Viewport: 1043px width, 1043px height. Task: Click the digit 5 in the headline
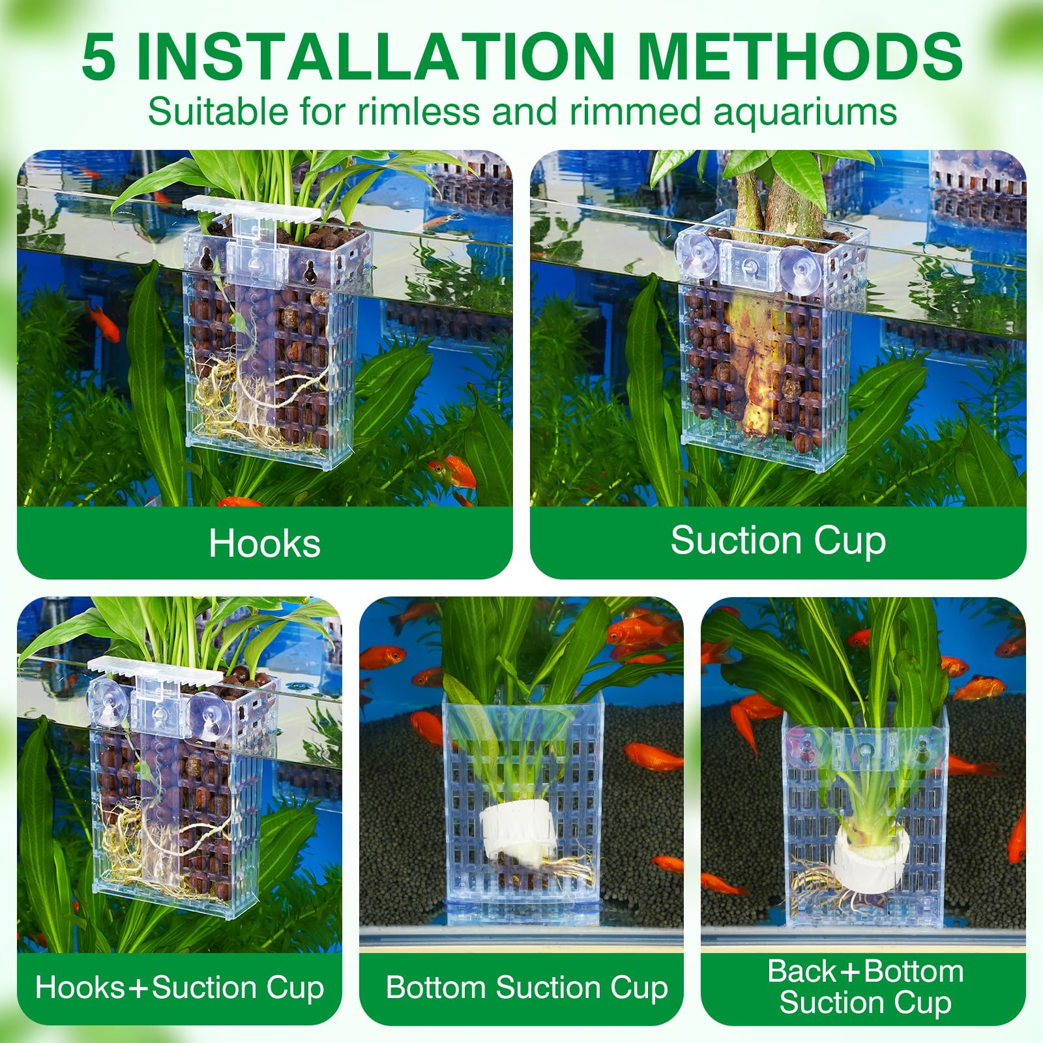pos(99,57)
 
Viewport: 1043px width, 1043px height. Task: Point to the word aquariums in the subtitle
pos(805,112)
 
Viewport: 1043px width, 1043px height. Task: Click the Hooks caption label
pos(265,543)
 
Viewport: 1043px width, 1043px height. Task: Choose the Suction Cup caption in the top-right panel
pos(778,541)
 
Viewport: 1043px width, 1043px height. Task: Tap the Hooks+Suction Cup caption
pos(180,987)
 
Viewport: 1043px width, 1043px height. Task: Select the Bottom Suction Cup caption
pos(527,987)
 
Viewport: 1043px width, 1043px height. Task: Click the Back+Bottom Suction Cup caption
pos(865,986)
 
